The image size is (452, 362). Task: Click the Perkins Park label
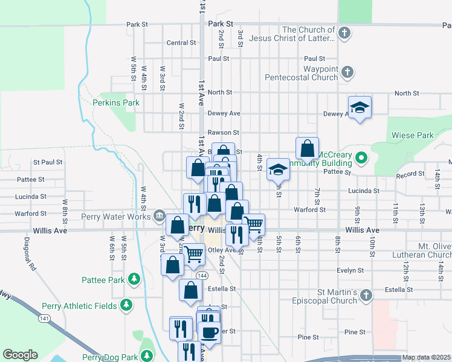pos(116,103)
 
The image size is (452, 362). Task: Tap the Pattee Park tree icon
pos(134,279)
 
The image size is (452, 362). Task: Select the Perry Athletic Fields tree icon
pos(126,306)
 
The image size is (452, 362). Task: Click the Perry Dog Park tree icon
pos(146,356)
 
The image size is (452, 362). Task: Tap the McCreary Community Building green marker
pos(361,159)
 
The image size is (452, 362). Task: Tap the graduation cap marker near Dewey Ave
pos(360,107)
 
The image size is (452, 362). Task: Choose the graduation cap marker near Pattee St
pos(278,168)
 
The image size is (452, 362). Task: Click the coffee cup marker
pos(210,331)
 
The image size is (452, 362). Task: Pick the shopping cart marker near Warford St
pos(254,224)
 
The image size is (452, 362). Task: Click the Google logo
pos(20,355)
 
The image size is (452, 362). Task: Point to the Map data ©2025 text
pos(425,358)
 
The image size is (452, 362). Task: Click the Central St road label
pos(181,43)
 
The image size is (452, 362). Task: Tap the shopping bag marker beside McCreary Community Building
pos(308,148)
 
